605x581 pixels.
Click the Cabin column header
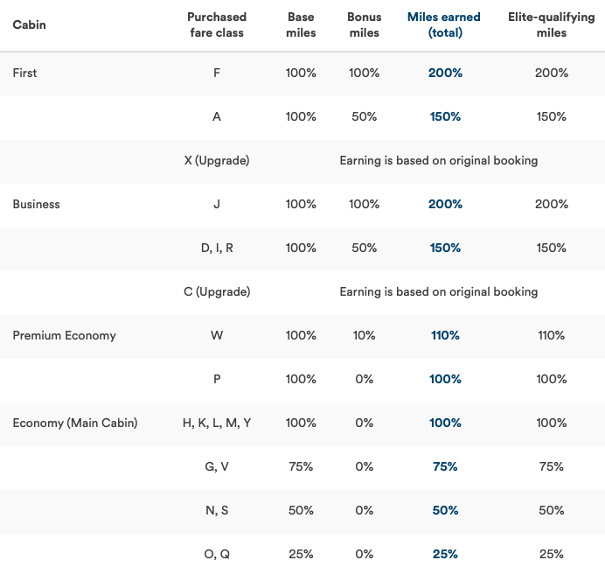[29, 24]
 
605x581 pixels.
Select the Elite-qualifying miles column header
[551, 24]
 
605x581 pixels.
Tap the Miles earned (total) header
[445, 24]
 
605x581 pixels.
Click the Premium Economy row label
[64, 335]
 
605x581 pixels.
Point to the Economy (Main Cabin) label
[74, 423]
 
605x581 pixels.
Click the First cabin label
[24, 73]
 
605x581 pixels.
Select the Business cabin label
[36, 204]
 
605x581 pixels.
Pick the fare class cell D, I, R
[217, 248]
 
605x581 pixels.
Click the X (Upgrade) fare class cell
[217, 160]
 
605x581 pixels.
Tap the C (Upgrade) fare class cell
[217, 291]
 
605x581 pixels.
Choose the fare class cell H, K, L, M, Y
[217, 423]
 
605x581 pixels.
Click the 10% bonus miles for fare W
[364, 335]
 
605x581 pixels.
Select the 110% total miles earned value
[445, 335]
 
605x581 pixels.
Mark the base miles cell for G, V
[301, 466]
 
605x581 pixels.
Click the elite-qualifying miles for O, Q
[551, 554]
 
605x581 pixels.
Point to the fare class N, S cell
[217, 510]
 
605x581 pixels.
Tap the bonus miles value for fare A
[364, 116]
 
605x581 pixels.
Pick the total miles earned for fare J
[445, 204]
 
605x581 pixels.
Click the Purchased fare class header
[217, 24]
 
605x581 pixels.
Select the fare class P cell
[217, 379]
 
